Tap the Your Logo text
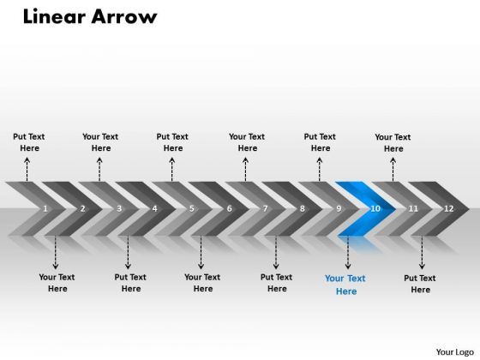coord(453,351)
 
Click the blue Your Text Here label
coord(345,285)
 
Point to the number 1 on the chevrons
coord(45,208)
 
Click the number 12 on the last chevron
coord(449,208)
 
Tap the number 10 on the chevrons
coord(375,208)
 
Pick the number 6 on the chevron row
coord(229,208)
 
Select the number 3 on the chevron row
coord(119,208)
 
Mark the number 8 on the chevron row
coord(303,208)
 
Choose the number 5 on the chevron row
coord(192,208)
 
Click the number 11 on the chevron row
coord(413,208)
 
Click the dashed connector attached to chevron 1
coord(27,169)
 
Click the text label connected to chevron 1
coord(29,142)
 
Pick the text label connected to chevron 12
coord(420,284)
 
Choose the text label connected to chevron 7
coord(247,142)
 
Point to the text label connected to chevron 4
coord(130,283)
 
